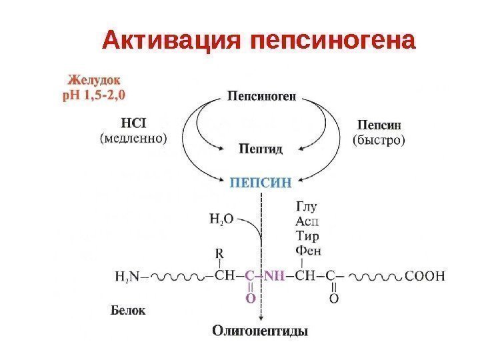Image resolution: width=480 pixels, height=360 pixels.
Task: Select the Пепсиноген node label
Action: click(x=261, y=97)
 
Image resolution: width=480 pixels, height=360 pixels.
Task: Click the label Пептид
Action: click(x=261, y=148)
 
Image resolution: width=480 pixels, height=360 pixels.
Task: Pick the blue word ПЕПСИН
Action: click(x=261, y=181)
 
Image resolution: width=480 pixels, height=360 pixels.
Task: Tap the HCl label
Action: click(x=135, y=124)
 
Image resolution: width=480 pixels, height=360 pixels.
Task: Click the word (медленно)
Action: click(x=134, y=139)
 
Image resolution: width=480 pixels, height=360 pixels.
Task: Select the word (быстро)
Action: click(x=379, y=139)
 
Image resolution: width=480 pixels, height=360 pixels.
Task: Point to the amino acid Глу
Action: click(x=305, y=207)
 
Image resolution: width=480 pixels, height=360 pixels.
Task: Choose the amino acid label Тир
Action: click(x=307, y=236)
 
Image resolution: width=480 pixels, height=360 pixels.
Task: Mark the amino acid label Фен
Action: click(x=307, y=251)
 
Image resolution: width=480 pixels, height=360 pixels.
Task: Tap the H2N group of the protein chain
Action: click(x=127, y=276)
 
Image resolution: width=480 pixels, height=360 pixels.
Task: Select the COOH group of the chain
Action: click(x=424, y=276)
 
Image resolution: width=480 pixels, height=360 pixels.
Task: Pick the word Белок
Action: click(x=127, y=310)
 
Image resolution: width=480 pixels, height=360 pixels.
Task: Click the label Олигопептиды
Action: click(x=261, y=330)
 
